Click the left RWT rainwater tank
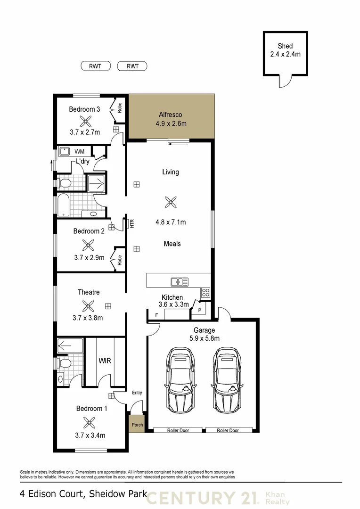(95, 66)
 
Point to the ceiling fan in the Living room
(170, 202)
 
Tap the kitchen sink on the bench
(180, 282)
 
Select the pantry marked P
(199, 310)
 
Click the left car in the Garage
(180, 379)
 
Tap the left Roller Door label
(178, 430)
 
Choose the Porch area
(137, 425)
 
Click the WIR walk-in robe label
(104, 361)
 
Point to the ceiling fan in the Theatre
(88, 306)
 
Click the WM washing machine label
(80, 152)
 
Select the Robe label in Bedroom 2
(120, 260)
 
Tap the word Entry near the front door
(137, 393)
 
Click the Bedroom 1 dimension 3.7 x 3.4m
(90, 435)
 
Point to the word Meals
(172, 244)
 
